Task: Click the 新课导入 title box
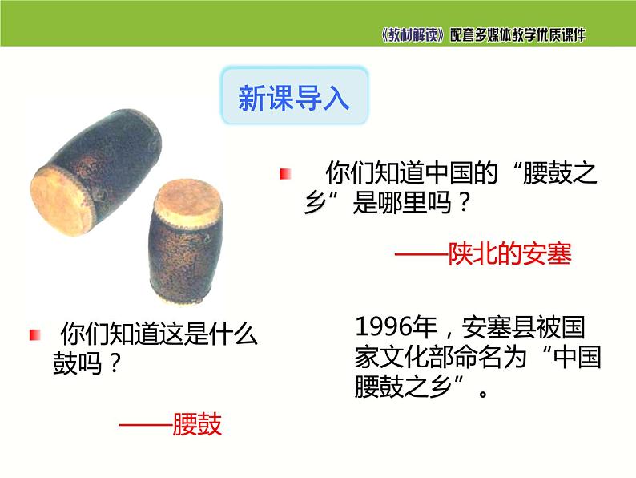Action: (x=295, y=99)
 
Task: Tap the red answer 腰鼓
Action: (x=197, y=424)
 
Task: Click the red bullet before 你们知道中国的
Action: (x=284, y=174)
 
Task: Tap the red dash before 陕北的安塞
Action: (x=420, y=255)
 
